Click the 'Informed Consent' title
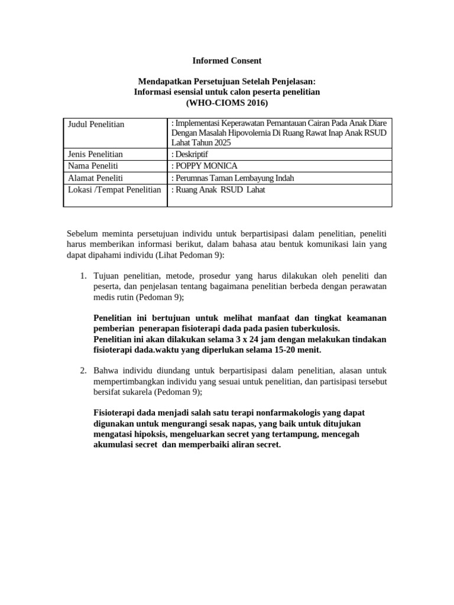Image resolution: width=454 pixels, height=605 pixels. (227, 60)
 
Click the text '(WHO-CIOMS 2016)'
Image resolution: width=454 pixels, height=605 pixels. (227, 103)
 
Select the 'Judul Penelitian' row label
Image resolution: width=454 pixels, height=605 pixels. (96, 124)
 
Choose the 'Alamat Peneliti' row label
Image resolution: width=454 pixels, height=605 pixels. (94, 177)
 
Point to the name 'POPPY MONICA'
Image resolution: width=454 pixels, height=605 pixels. (206, 166)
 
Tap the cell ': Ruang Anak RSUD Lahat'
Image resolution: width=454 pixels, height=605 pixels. (218, 190)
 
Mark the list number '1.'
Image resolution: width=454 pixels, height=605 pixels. (83, 276)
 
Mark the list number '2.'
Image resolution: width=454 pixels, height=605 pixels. (83, 370)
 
